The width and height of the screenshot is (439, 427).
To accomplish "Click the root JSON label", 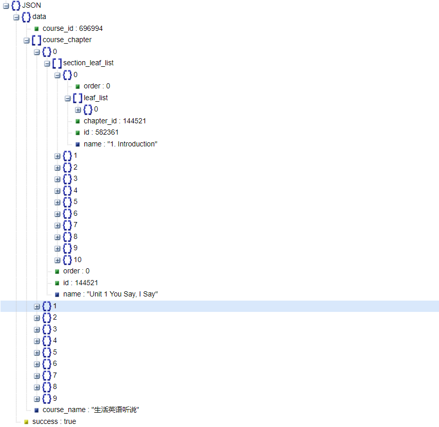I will pos(31,5).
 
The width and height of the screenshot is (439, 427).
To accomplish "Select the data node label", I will pos(39,17).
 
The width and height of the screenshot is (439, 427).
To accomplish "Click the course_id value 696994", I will pos(91,28).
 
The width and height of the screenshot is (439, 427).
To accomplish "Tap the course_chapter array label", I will pos(67,40).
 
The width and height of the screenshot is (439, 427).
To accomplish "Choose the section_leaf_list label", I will pos(88,63).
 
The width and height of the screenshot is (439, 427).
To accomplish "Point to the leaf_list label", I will pos(96,98).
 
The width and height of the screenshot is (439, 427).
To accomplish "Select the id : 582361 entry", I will pos(101,133).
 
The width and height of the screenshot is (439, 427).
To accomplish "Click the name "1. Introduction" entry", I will pos(120,144).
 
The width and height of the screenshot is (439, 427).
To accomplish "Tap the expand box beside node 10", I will pos(58,260).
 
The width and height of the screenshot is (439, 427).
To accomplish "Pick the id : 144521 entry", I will pos(81,283).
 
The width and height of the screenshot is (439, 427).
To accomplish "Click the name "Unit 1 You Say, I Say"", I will pos(111,294).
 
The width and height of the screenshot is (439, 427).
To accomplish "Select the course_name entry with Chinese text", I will pos(91,410).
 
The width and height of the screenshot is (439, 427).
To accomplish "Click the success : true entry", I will pos(54,421).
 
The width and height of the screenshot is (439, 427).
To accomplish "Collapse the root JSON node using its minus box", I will pos(6,6).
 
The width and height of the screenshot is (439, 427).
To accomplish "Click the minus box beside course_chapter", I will pos(27,40).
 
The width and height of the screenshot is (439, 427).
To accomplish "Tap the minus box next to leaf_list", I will pos(68,98).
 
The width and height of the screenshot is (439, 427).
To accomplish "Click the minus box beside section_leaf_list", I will pos(47,63).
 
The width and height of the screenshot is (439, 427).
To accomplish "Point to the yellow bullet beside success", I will pos(26,422).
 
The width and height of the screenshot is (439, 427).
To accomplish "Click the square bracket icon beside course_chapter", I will pos(36,40).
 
